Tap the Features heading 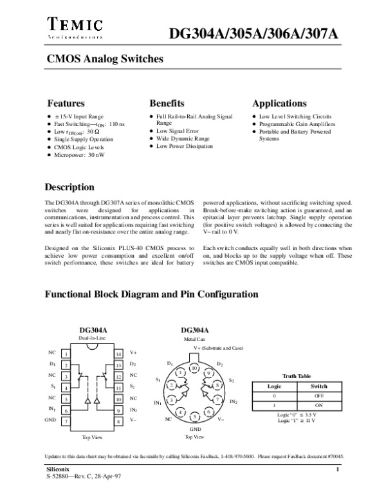(x=66, y=104)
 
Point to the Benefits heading (x=167, y=104)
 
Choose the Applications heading (x=279, y=104)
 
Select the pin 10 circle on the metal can (x=194, y=367)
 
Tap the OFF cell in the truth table (x=319, y=395)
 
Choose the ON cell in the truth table (x=319, y=405)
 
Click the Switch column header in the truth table (x=319, y=386)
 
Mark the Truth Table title (x=297, y=376)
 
